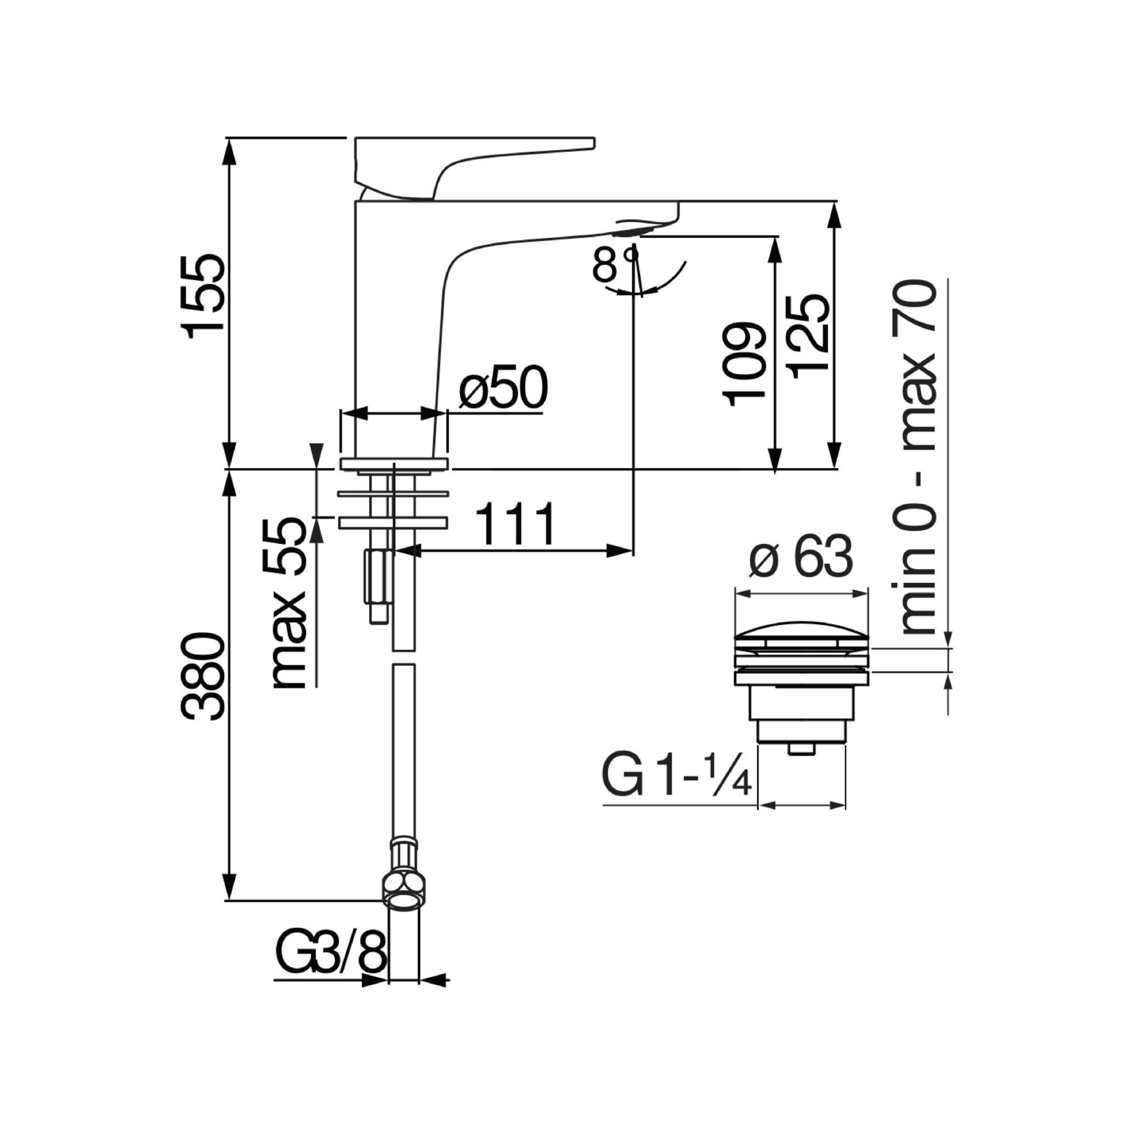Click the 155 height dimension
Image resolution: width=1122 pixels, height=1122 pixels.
[202, 296]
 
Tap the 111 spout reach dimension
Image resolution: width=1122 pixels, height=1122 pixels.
[515, 524]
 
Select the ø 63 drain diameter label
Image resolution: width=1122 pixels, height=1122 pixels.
[801, 556]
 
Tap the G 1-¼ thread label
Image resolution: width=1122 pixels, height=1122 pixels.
[677, 777]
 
